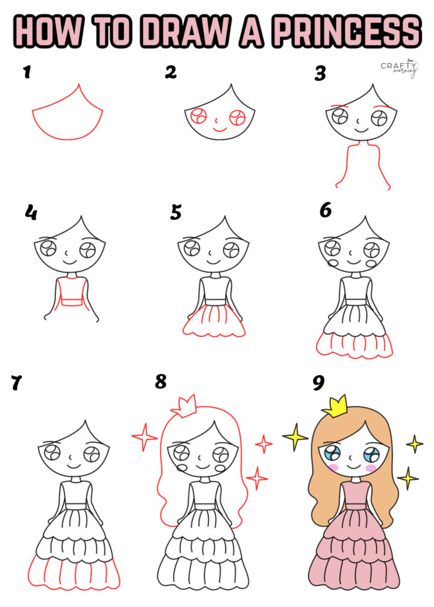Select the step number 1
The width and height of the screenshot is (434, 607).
26,73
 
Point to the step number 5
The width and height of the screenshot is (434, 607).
175,213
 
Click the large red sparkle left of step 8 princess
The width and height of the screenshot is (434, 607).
145,436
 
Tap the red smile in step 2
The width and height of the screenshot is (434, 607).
219,129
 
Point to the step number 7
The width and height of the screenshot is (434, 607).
17,383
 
